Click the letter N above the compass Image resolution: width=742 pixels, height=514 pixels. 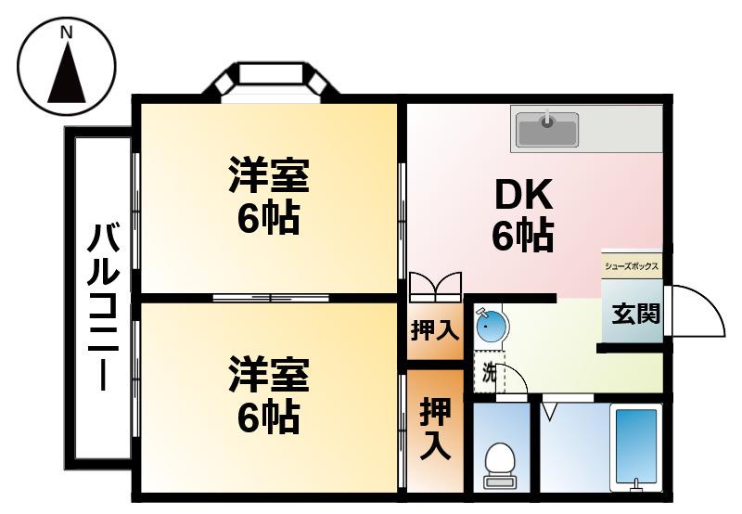pyautogui.click(x=66, y=33)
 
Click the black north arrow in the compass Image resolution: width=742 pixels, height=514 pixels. pyautogui.click(x=66, y=74)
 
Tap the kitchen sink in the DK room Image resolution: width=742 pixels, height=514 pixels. pyautogui.click(x=546, y=129)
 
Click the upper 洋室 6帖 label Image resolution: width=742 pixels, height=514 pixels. pyautogui.click(x=268, y=196)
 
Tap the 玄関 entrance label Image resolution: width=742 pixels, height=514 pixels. pyautogui.click(x=635, y=314)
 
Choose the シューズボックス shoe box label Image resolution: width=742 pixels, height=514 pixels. pyautogui.click(x=632, y=266)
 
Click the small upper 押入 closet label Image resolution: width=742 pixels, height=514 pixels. pyautogui.click(x=434, y=330)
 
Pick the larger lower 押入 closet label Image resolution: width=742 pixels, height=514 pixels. pyautogui.click(x=434, y=429)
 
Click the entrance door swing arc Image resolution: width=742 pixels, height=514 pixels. pyautogui.click(x=697, y=311)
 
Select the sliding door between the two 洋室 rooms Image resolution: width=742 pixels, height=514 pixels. pyautogui.click(x=270, y=298)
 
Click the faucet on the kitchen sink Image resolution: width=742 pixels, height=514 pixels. pyautogui.click(x=548, y=118)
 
